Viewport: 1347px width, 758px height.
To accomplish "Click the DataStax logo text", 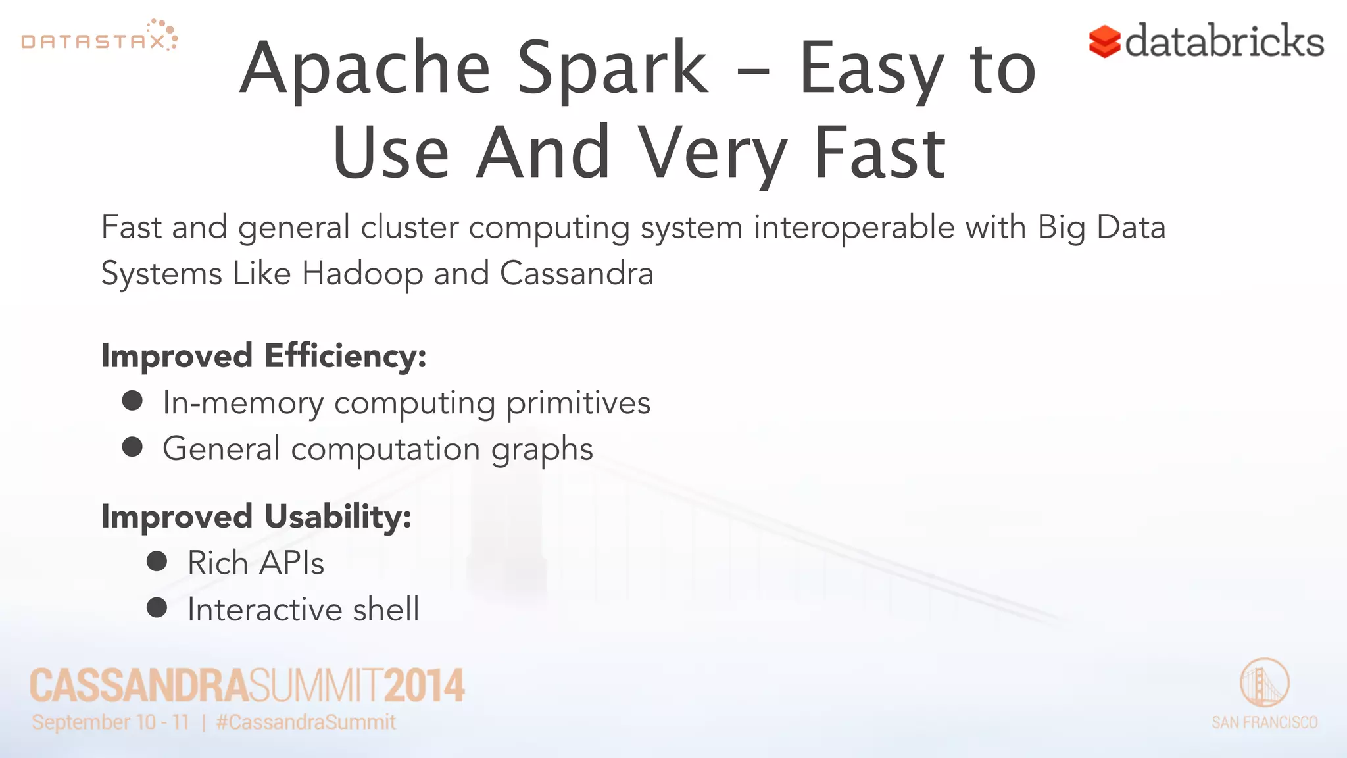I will tap(93, 42).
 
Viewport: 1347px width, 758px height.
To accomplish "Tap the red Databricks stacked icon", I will tap(1104, 41).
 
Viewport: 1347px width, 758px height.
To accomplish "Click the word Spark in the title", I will tap(612, 68).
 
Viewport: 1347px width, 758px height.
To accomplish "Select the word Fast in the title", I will tap(879, 153).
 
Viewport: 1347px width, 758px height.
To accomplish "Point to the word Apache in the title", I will tap(366, 68).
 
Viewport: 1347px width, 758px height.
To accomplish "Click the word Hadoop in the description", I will tap(362, 274).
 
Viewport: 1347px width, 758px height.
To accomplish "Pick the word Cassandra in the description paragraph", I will tap(576, 273).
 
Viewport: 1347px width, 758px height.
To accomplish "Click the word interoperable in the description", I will tap(854, 228).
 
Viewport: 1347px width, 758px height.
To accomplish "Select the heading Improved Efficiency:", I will tap(264, 356).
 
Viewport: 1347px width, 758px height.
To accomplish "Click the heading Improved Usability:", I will tap(256, 517).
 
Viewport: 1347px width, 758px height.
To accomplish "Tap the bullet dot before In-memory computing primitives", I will tap(133, 401).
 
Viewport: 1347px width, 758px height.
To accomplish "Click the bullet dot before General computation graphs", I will tap(133, 447).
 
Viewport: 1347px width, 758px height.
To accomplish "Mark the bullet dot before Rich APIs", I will tap(157, 561).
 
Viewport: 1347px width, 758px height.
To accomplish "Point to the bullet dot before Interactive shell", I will tap(157, 607).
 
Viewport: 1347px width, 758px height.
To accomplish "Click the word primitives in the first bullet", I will tap(578, 403).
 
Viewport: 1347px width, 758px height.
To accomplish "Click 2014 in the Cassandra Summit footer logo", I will tap(424, 686).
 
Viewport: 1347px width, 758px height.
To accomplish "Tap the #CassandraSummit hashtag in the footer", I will tap(306, 722).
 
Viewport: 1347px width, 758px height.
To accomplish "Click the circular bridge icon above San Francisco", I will tap(1264, 682).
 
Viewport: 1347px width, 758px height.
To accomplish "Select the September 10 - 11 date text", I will tap(110, 722).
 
